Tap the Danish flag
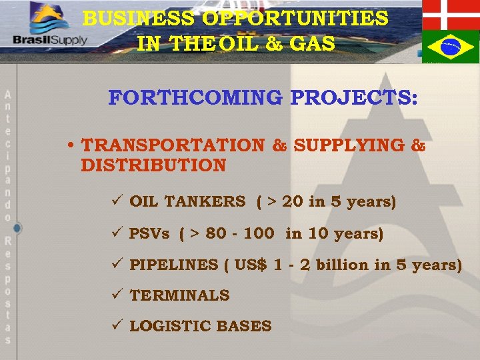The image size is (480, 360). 451,13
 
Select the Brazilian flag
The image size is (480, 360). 451,46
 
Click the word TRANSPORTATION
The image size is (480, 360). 173,145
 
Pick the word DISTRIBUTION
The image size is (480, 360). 153,165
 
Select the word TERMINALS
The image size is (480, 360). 179,295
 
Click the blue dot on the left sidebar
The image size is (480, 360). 17,228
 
